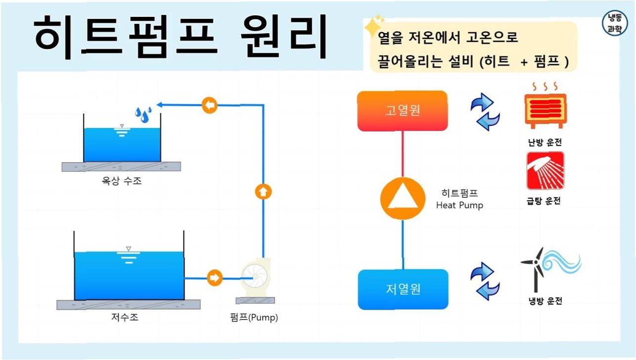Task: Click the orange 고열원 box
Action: tap(403, 110)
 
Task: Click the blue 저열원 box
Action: tap(403, 289)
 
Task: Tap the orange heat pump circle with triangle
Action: tap(403, 199)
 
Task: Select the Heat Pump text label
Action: tap(459, 205)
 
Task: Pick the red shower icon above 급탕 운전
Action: tap(545, 171)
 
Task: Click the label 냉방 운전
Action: tap(545, 301)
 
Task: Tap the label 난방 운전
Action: tap(545, 142)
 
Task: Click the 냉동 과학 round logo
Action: tap(615, 23)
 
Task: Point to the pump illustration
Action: tap(255, 279)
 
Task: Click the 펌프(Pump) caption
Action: tap(255, 317)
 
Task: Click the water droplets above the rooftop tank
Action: tap(143, 114)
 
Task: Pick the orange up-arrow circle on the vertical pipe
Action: tap(263, 192)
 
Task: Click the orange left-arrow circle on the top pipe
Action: tap(210, 105)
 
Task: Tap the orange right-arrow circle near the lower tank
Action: tap(214, 278)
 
